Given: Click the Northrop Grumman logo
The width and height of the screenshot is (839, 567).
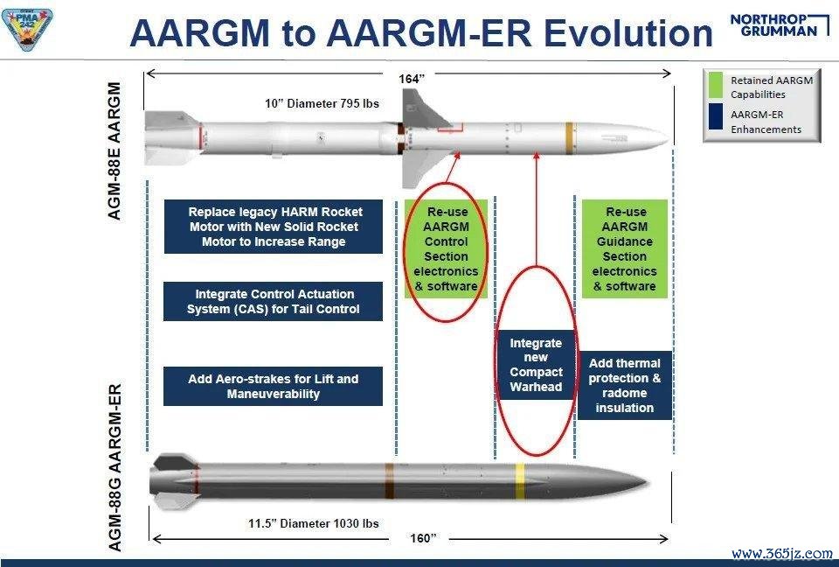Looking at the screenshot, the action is [779, 25].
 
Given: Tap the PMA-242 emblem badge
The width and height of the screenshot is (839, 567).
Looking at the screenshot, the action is [27, 28].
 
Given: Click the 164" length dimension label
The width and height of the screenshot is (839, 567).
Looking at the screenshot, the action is [412, 79].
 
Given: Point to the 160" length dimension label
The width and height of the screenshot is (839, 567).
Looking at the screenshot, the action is [423, 538].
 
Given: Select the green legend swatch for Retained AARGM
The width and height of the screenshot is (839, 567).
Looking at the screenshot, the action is [716, 85].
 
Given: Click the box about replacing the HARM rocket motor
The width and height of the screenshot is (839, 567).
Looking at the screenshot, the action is [274, 227].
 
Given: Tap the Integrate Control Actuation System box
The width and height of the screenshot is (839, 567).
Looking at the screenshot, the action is [273, 301].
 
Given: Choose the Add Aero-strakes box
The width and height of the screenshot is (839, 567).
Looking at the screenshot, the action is [273, 387].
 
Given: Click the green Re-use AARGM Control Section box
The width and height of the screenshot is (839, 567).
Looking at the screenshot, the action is [447, 248].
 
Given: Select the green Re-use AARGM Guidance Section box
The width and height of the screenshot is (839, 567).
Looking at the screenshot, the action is [624, 248].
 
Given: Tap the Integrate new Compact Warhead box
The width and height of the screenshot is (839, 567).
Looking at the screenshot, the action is [536, 365].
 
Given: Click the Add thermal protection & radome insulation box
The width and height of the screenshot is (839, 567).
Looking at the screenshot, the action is [624, 385].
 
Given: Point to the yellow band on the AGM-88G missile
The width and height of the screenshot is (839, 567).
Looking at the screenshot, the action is [519, 480].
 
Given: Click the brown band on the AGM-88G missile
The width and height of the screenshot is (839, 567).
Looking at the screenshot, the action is [390, 480].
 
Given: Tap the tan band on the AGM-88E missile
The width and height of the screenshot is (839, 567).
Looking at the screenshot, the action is [569, 138].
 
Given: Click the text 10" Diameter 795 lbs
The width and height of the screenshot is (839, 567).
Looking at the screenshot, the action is [322, 103].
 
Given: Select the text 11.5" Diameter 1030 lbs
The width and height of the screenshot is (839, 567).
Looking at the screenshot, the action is [314, 523].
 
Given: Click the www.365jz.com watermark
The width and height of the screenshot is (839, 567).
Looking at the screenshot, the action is [781, 552].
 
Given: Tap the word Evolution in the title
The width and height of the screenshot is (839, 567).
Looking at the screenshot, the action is [628, 32].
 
